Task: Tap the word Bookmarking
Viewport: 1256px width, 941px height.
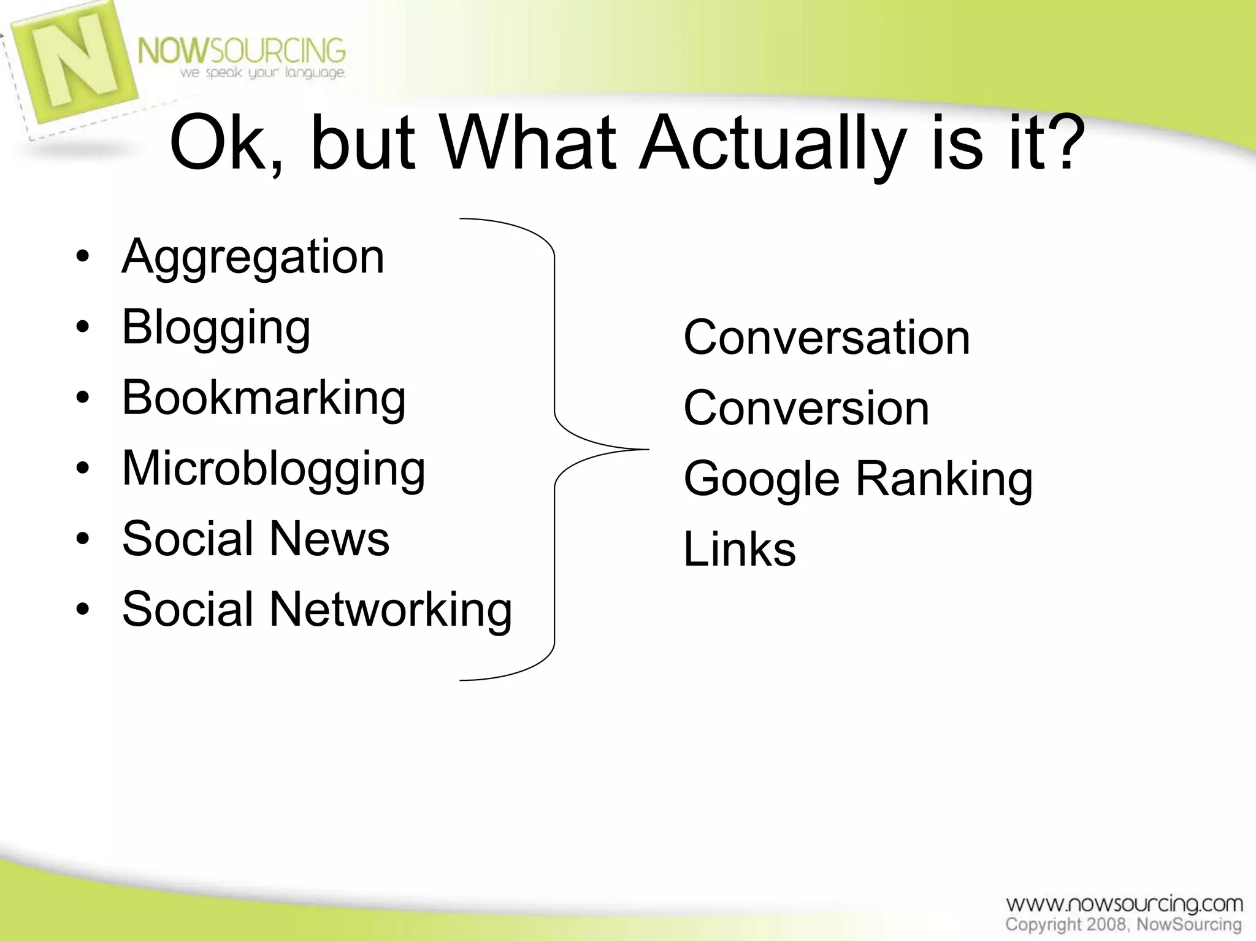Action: (x=264, y=398)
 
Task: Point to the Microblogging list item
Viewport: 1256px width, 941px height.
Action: (x=274, y=469)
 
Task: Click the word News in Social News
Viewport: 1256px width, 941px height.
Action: (x=329, y=539)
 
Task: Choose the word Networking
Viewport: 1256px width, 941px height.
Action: (x=391, y=610)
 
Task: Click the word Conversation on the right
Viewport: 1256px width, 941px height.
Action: (x=827, y=337)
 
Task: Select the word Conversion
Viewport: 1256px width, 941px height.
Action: (x=806, y=409)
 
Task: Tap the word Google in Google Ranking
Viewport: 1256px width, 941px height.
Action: (x=761, y=480)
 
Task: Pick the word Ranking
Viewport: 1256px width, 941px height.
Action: (x=944, y=480)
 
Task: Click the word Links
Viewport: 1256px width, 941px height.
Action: (x=740, y=549)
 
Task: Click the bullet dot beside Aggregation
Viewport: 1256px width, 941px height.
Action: (x=83, y=256)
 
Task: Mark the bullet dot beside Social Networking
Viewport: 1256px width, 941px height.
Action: (x=83, y=610)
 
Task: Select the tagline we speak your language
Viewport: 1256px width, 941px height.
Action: (x=262, y=73)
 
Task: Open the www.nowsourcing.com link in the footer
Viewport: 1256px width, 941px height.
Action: (x=1124, y=904)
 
